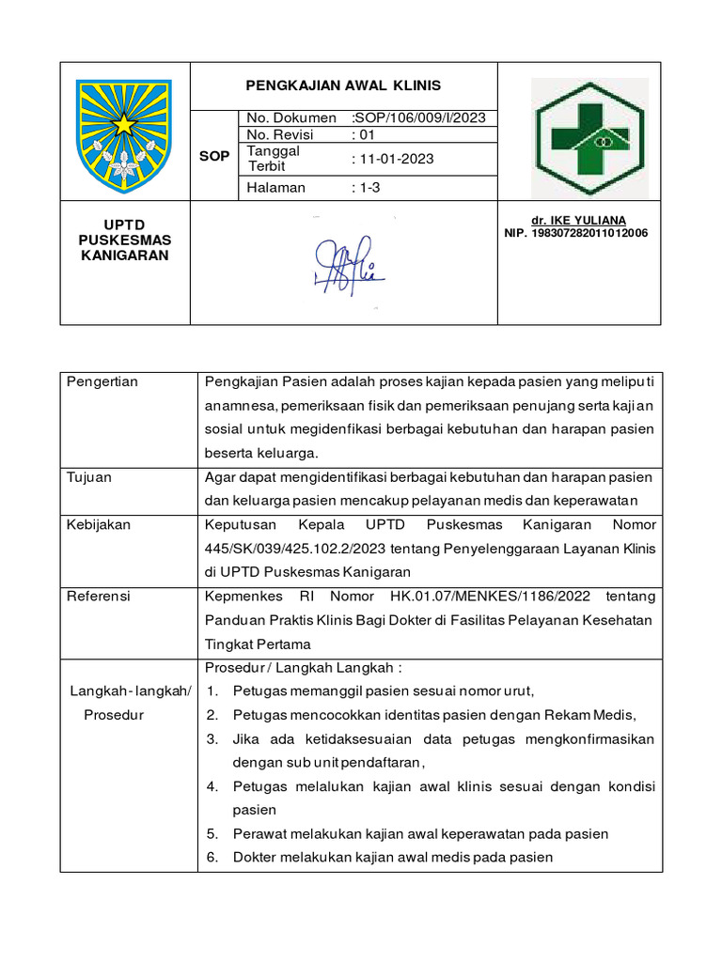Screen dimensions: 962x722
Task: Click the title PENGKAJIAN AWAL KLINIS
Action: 343,85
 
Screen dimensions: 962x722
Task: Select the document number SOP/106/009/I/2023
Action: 419,118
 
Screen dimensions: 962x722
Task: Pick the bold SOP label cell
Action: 214,156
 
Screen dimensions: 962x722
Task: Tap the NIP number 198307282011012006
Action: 576,233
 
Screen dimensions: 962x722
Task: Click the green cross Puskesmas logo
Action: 589,137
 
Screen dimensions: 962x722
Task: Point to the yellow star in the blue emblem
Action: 124,122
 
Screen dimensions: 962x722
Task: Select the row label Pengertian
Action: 102,381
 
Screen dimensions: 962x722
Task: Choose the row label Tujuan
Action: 88,477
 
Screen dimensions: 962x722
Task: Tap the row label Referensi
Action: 99,597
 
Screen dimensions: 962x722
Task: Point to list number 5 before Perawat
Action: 212,834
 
